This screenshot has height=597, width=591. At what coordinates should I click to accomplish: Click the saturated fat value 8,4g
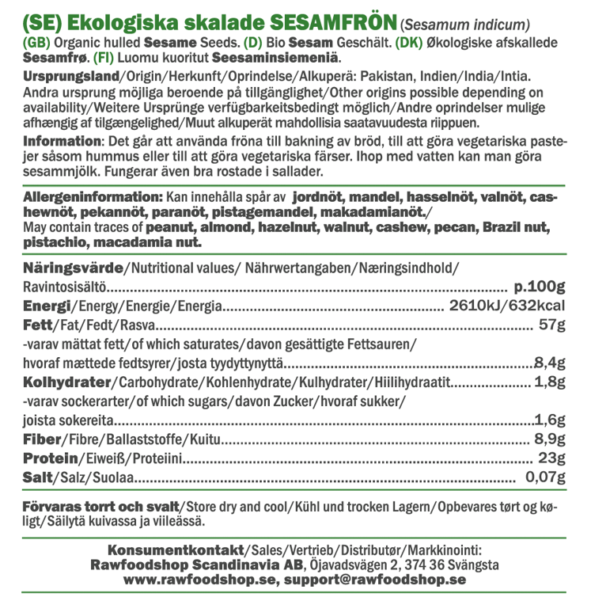pos(549,363)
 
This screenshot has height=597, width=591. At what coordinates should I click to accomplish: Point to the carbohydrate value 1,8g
pos(550,383)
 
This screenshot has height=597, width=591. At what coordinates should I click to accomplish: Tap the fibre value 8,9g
pos(549,439)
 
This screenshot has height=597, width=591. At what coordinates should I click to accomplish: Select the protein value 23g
pos(551,459)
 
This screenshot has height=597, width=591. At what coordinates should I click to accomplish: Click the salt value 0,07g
pos(544,478)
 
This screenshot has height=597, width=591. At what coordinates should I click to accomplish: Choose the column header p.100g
pos(540,286)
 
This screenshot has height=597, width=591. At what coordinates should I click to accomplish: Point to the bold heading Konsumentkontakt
pos(176,550)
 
